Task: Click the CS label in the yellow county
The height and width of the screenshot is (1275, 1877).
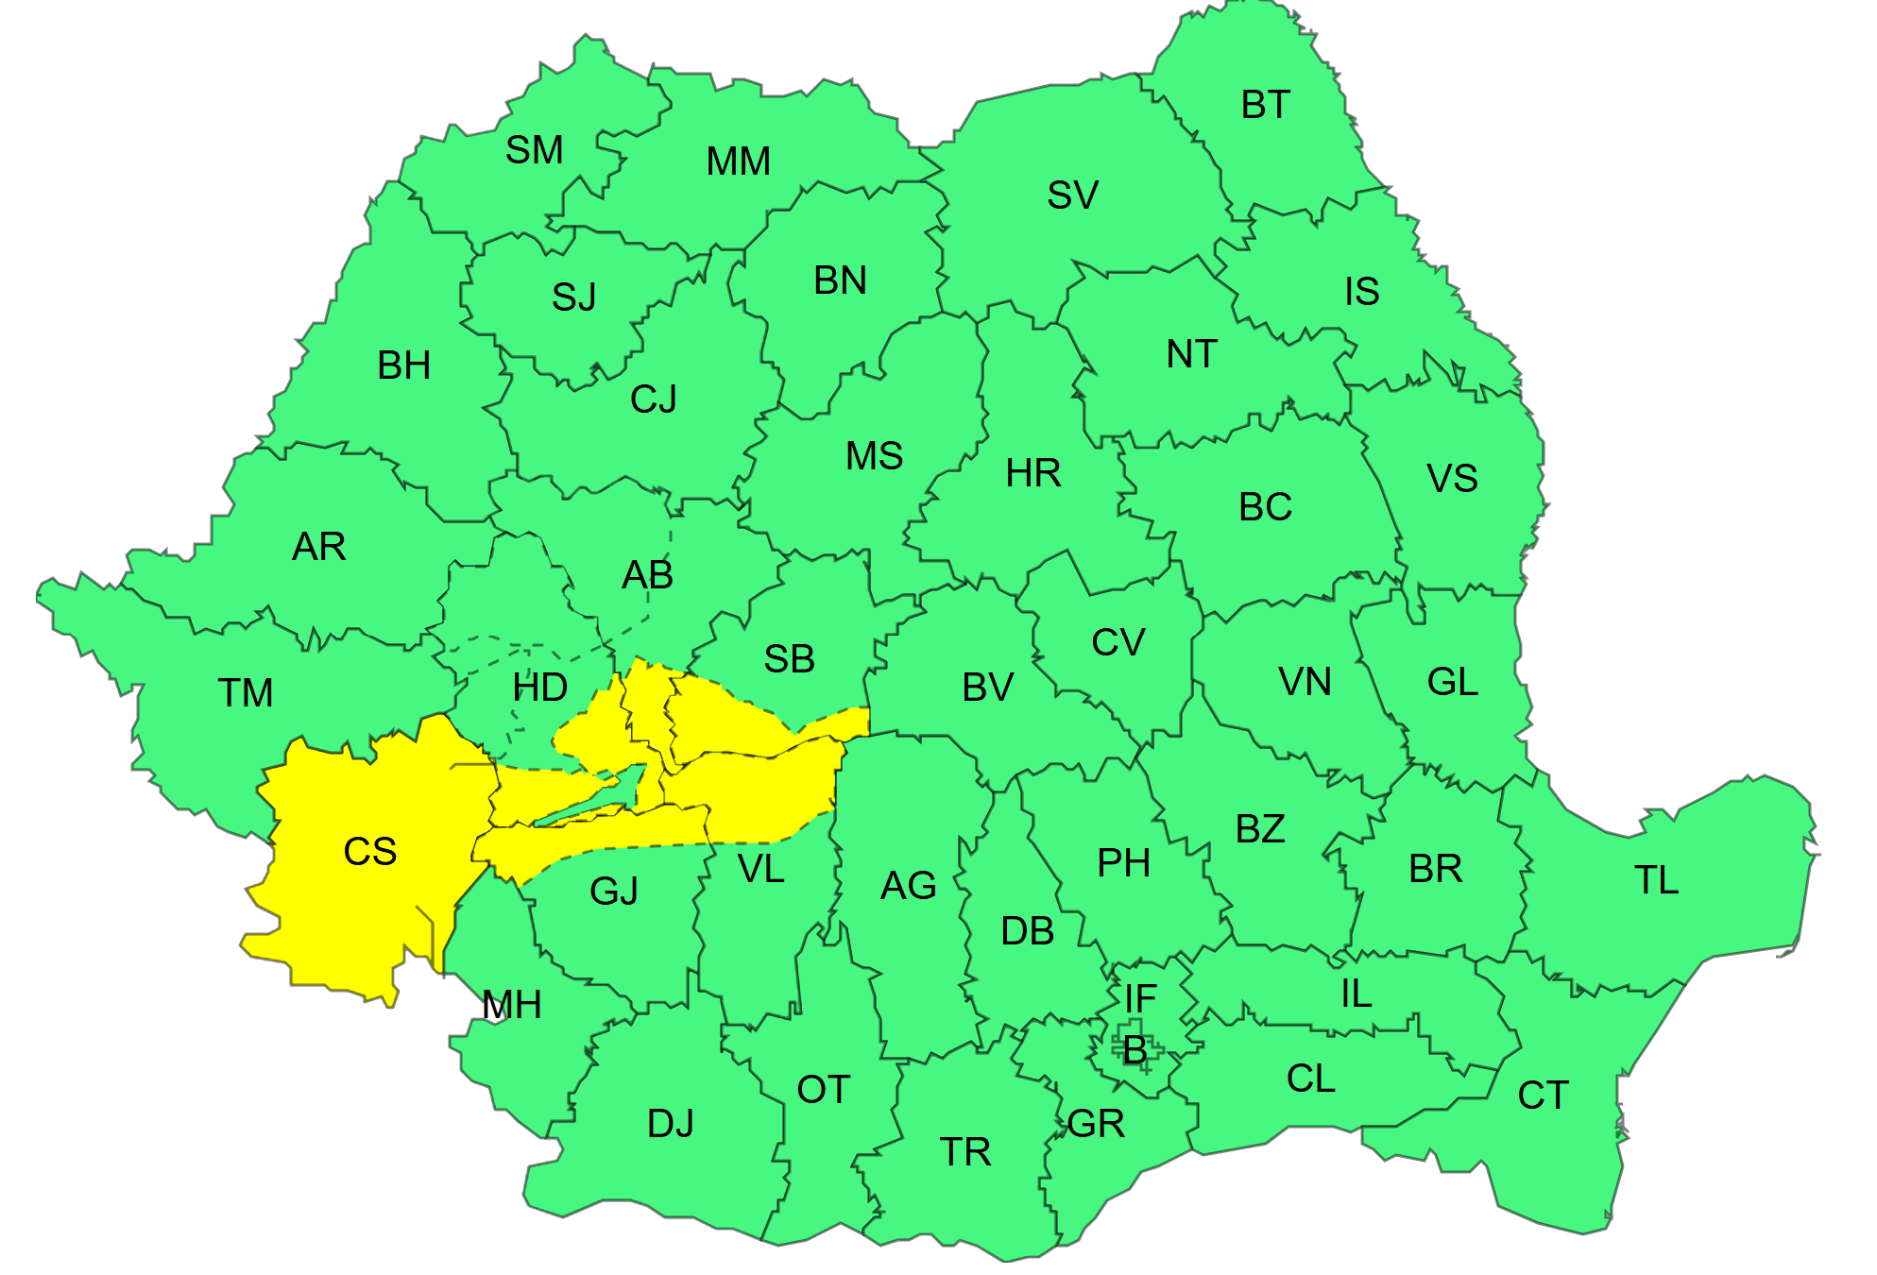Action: coord(369,852)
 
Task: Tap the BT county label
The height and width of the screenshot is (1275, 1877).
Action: coord(1265,105)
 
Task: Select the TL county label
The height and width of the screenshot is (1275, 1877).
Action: coord(1656,880)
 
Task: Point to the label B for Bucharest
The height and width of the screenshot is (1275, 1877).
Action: coord(1135,1049)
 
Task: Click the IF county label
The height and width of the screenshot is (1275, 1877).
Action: coord(1140,998)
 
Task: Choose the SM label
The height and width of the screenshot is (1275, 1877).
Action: coord(534,150)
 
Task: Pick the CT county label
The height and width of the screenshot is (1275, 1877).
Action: coord(1543,1096)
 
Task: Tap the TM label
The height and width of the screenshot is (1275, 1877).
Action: coord(246,693)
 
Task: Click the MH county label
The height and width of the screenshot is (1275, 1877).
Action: coord(512,1005)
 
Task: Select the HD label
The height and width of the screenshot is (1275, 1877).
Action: coord(539,688)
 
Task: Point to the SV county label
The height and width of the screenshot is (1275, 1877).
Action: coord(1072,195)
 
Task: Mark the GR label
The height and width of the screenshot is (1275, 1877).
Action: coord(1096,1124)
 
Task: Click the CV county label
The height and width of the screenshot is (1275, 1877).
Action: coord(1118,643)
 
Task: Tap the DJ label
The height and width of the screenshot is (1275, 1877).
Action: coord(671,1124)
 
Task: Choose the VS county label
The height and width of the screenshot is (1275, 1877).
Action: coord(1452,479)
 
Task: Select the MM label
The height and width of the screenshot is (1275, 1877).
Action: coord(738,161)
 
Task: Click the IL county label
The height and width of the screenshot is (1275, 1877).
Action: coord(1356,994)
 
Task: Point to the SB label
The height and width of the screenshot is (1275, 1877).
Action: coord(789,659)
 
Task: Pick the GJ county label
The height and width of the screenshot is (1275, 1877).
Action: coord(614,891)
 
